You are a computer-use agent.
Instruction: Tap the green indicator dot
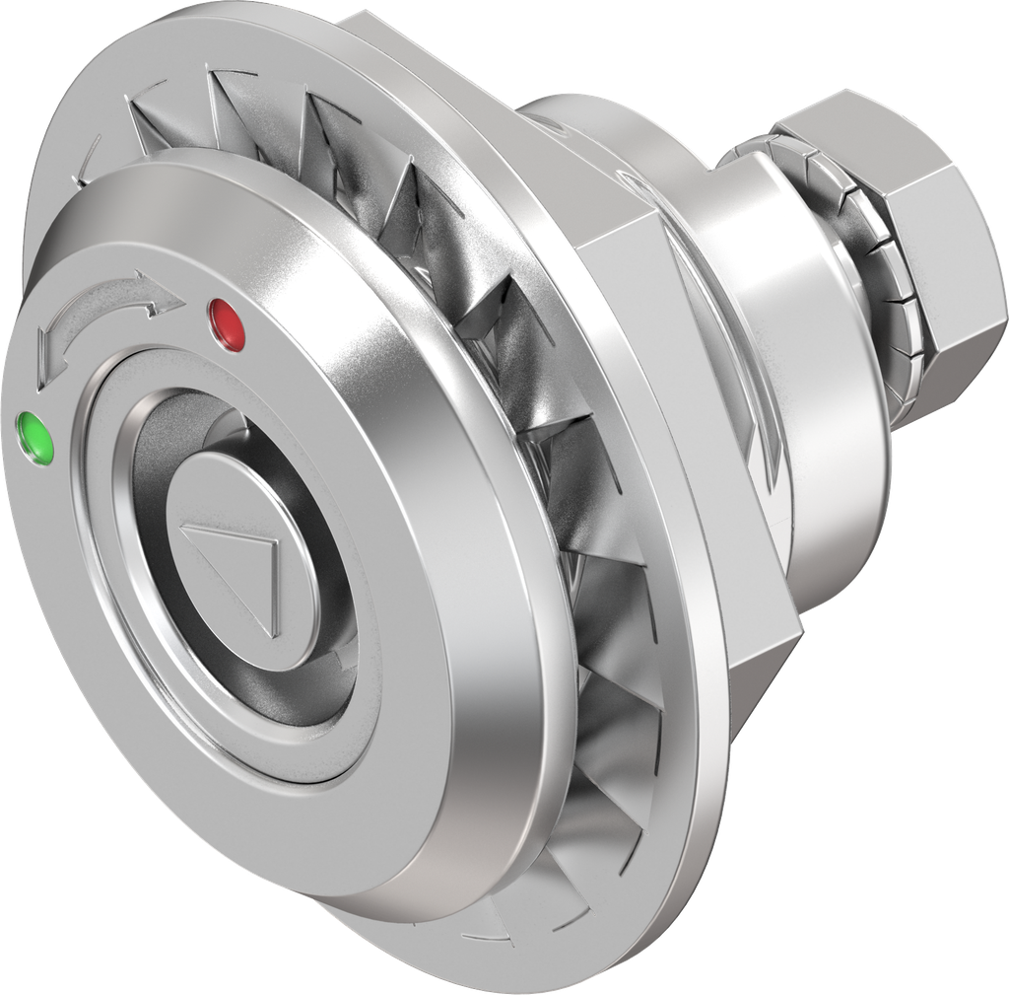tap(37, 435)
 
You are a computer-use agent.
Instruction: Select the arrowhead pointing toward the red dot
tap(158, 293)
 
